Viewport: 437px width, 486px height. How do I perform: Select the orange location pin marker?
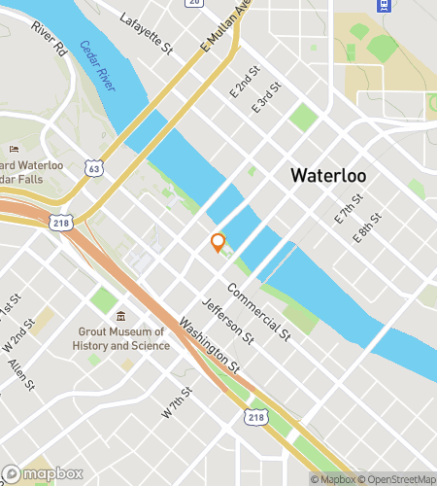218,242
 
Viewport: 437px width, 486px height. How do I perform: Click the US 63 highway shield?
93,168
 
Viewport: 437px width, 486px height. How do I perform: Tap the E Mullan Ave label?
225,27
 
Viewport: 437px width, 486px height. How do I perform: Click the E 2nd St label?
246,81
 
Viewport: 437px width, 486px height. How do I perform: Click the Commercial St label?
258,311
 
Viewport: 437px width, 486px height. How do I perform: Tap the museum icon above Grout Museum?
119,317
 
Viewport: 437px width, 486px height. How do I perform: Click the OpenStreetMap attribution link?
398,478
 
